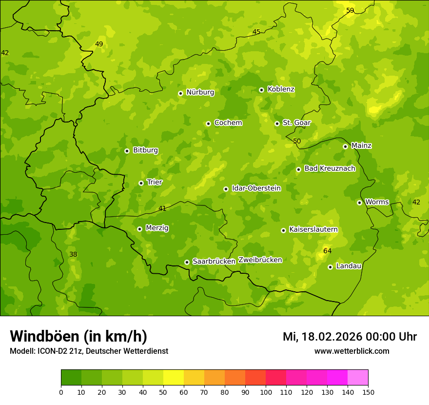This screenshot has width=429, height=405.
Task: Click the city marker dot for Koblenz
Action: [x=261, y=90]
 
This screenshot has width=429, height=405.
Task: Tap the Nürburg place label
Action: [x=200, y=92]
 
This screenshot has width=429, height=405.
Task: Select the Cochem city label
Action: [x=228, y=123]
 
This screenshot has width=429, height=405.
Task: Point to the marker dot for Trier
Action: [x=141, y=183]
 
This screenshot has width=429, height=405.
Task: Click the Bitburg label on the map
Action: [x=145, y=150]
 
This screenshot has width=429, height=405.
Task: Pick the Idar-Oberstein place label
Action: [x=256, y=188]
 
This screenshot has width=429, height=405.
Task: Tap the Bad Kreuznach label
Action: [x=330, y=169]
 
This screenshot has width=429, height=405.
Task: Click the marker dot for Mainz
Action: [x=345, y=146]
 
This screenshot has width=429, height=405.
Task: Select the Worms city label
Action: [x=377, y=202]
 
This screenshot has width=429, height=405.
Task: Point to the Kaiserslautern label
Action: [x=313, y=229]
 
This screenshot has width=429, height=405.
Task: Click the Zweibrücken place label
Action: [x=260, y=260]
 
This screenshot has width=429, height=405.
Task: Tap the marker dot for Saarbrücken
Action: [x=187, y=262]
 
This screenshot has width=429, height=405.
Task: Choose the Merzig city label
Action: [x=157, y=228]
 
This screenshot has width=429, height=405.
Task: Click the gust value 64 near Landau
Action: [x=327, y=251]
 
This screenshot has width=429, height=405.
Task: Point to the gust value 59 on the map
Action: [x=350, y=10]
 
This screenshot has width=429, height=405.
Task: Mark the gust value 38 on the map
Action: [x=73, y=254]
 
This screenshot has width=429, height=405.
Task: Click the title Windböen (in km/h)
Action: [x=78, y=336]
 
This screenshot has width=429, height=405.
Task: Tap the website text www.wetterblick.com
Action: [x=351, y=351]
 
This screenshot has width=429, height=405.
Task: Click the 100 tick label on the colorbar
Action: [x=266, y=392]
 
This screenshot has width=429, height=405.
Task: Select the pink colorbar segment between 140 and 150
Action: [x=358, y=378]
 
